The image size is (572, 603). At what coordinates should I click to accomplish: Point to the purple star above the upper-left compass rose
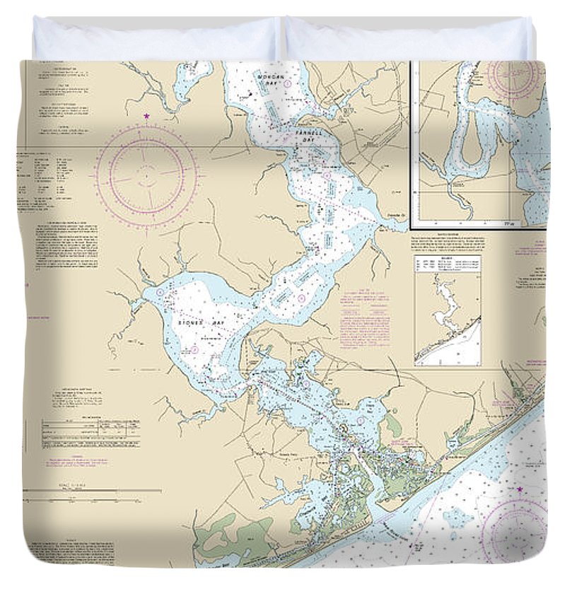pyautogui.click(x=146, y=116)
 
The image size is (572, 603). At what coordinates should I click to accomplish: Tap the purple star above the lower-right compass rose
pyautogui.click(x=520, y=489)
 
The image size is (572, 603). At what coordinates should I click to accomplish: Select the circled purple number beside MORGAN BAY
pyautogui.click(x=288, y=83)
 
